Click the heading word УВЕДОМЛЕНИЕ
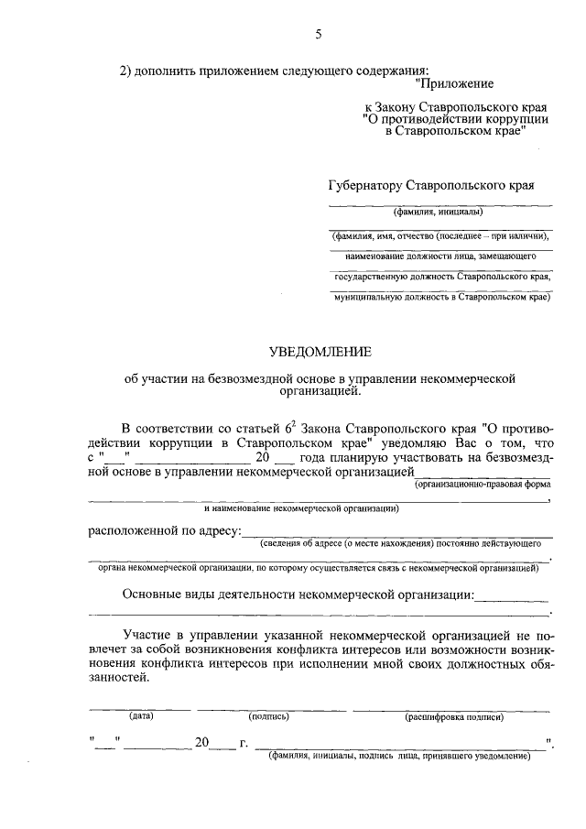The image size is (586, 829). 318,351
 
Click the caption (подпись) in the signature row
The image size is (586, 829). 269,716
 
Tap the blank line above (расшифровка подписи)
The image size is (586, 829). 451,708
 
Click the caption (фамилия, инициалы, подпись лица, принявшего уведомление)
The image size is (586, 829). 398,757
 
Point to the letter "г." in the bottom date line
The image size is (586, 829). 244,743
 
